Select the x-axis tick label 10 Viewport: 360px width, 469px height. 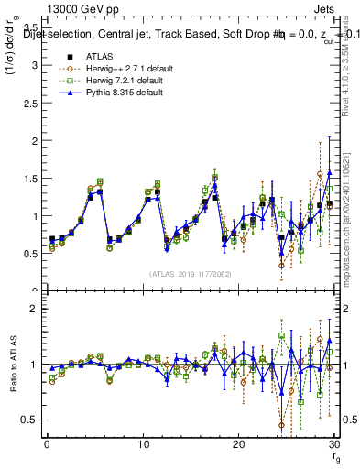pyautogui.click(x=142, y=442)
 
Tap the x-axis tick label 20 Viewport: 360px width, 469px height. pyautogui.click(x=238, y=442)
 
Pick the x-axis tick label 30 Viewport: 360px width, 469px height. pyautogui.click(x=333, y=442)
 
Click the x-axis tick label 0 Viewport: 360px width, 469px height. pyautogui.click(x=47, y=442)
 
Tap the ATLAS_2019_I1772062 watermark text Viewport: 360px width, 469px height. pyautogui.click(x=190, y=273)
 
